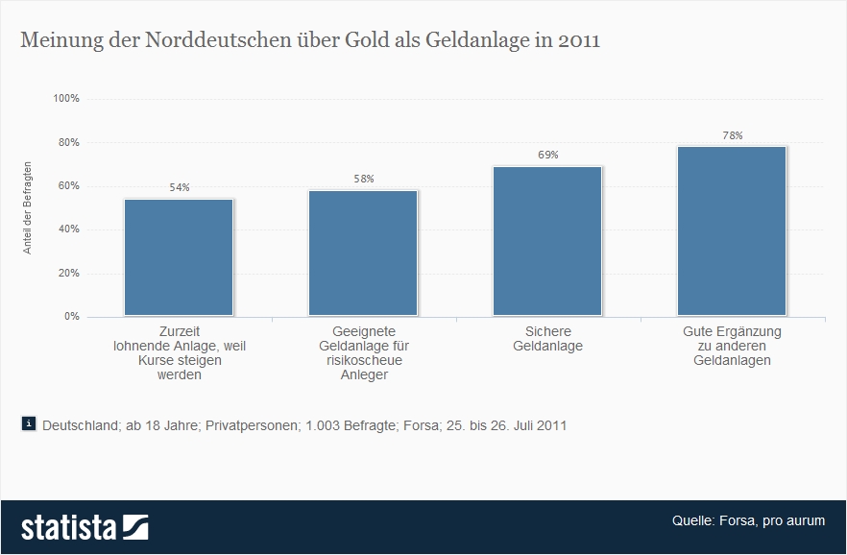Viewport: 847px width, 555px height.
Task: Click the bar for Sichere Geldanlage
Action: [x=547, y=241]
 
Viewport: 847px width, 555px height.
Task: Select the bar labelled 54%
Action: [x=179, y=257]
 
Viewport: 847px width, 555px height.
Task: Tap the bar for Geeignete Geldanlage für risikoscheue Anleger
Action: [x=363, y=253]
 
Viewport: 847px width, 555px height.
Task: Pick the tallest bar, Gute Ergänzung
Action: [x=732, y=230]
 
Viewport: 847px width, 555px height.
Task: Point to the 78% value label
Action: [x=732, y=135]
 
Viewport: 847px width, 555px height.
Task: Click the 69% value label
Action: [x=547, y=156]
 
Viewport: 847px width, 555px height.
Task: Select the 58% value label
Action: [x=363, y=179]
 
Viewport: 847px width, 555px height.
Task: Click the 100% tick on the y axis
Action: [x=66, y=99]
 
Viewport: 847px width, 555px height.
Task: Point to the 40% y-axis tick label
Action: [x=68, y=229]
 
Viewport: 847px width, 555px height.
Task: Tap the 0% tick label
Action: [x=72, y=316]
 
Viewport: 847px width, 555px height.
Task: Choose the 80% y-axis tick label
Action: [x=68, y=142]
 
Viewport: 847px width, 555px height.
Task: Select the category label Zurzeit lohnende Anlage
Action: [x=179, y=352]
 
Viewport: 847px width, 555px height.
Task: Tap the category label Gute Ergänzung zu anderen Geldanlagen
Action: [x=732, y=346]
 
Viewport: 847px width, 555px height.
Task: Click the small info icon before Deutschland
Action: [x=28, y=423]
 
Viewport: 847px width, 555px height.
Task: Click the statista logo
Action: [x=85, y=527]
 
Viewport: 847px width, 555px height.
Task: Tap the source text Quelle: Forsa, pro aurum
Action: [x=748, y=520]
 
